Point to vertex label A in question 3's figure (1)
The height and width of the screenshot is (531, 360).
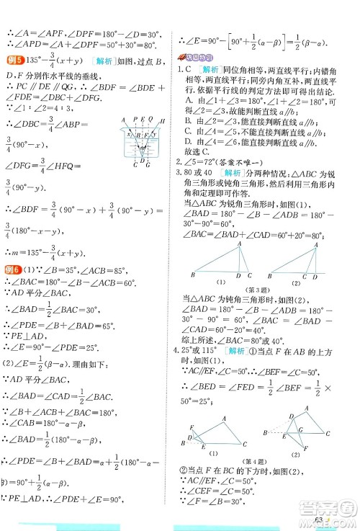(x=238, y=241)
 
